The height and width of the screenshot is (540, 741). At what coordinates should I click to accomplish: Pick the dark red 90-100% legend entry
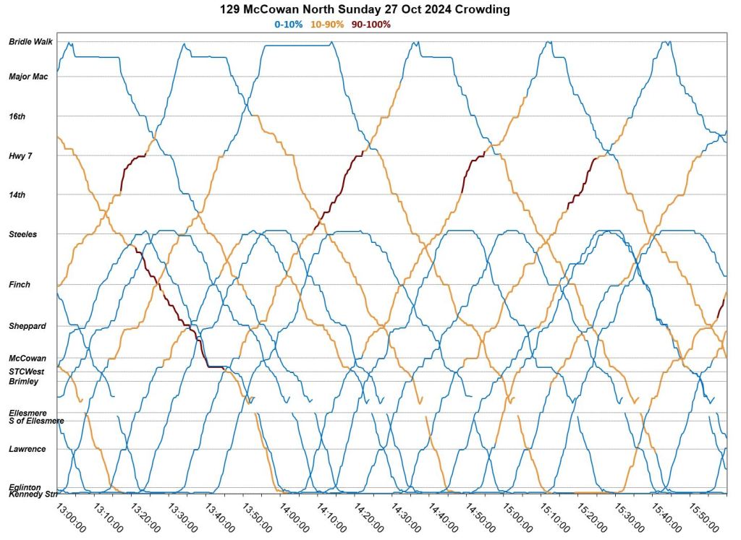pos(371,25)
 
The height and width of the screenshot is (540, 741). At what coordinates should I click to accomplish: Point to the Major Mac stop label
pos(28,77)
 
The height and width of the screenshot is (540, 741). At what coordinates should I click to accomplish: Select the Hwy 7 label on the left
pos(20,156)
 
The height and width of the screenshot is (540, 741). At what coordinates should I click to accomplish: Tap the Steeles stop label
pos(23,234)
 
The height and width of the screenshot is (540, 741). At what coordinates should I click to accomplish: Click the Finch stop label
pos(20,285)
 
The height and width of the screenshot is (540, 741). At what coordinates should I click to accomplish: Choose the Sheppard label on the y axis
pos(27,326)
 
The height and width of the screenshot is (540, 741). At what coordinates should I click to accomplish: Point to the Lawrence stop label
pos(27,449)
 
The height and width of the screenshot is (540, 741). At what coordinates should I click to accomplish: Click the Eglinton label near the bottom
pos(25,487)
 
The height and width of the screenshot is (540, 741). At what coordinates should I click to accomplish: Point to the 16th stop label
pos(17,116)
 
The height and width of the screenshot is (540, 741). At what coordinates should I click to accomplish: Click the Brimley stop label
pos(23,381)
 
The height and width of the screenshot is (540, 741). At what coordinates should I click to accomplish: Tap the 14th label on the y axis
pos(17,195)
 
